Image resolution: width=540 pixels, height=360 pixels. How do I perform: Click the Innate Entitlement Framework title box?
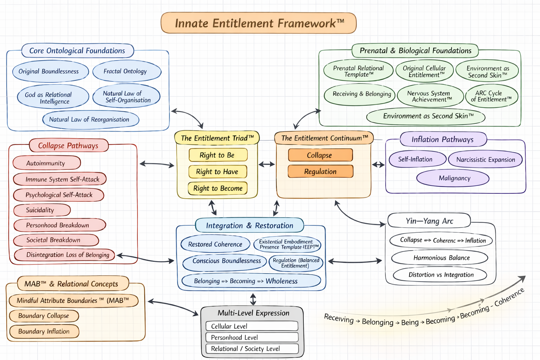(x=258, y=23)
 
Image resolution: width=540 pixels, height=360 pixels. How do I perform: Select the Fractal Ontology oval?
(x=127, y=71)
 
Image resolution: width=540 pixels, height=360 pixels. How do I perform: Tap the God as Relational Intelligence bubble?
(x=53, y=98)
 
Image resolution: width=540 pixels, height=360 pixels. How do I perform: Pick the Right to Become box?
(x=218, y=188)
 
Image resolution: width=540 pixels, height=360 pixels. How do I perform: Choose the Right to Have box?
(x=217, y=172)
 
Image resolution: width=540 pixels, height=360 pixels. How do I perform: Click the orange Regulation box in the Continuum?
(x=320, y=172)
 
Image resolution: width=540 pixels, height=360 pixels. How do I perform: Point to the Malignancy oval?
(x=453, y=178)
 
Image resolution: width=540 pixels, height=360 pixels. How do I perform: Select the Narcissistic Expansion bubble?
(x=485, y=160)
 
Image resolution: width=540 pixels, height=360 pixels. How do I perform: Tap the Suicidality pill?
(x=42, y=210)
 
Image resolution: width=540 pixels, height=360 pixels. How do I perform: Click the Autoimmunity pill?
(x=46, y=163)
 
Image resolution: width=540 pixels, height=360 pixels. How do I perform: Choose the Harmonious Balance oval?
(x=439, y=258)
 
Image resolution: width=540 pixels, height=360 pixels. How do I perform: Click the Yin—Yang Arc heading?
(x=429, y=221)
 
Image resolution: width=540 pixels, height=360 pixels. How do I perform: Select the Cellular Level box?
(x=252, y=326)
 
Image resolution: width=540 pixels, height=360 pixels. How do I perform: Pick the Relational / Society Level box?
(x=252, y=349)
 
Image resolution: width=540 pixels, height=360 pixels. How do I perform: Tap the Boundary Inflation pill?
(x=44, y=332)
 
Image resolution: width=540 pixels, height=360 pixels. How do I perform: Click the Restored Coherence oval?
(x=215, y=244)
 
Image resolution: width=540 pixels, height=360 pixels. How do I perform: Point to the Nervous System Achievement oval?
(x=430, y=96)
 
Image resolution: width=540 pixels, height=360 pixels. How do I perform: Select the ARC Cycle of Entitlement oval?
(x=491, y=96)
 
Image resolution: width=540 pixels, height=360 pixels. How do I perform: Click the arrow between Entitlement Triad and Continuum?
(x=267, y=164)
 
